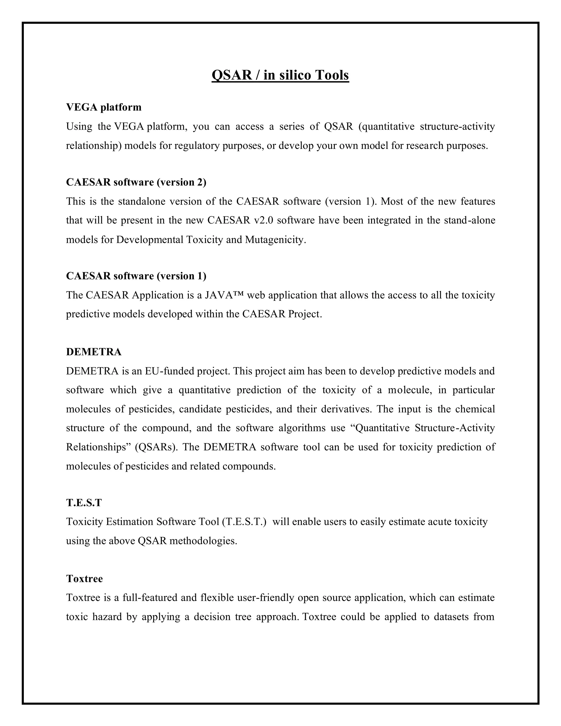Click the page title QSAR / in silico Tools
[x=280, y=75]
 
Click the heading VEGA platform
[x=104, y=107]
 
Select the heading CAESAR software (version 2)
[x=136, y=182]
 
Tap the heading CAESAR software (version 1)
[x=136, y=276]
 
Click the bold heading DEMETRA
[x=94, y=352]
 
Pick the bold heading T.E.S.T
[x=84, y=503]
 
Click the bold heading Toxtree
[x=84, y=579]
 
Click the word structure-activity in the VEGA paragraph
[x=457, y=127]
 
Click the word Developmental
[x=150, y=240]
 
